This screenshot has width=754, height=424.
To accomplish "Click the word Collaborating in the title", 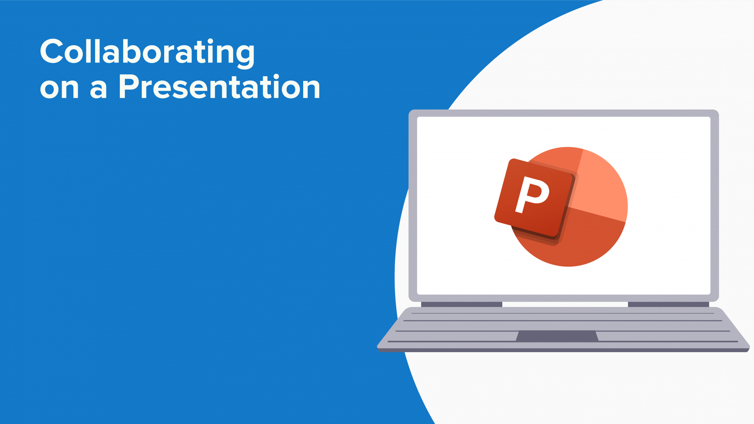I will [x=147, y=52].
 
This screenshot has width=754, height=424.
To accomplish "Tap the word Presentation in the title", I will [x=219, y=87].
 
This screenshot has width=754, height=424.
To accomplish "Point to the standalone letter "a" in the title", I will [x=98, y=89].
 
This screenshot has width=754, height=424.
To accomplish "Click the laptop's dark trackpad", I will [x=557, y=336].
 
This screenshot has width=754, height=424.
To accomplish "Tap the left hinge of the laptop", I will [x=461, y=304].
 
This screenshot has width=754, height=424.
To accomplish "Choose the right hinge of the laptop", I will [x=668, y=304].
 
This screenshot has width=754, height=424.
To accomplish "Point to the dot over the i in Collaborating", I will [x=210, y=41].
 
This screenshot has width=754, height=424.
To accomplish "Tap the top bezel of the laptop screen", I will [x=564, y=113].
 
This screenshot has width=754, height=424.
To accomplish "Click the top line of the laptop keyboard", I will [x=562, y=313].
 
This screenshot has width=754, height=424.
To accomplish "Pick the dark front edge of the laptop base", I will [x=563, y=350].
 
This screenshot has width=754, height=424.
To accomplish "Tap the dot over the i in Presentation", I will [x=276, y=76].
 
